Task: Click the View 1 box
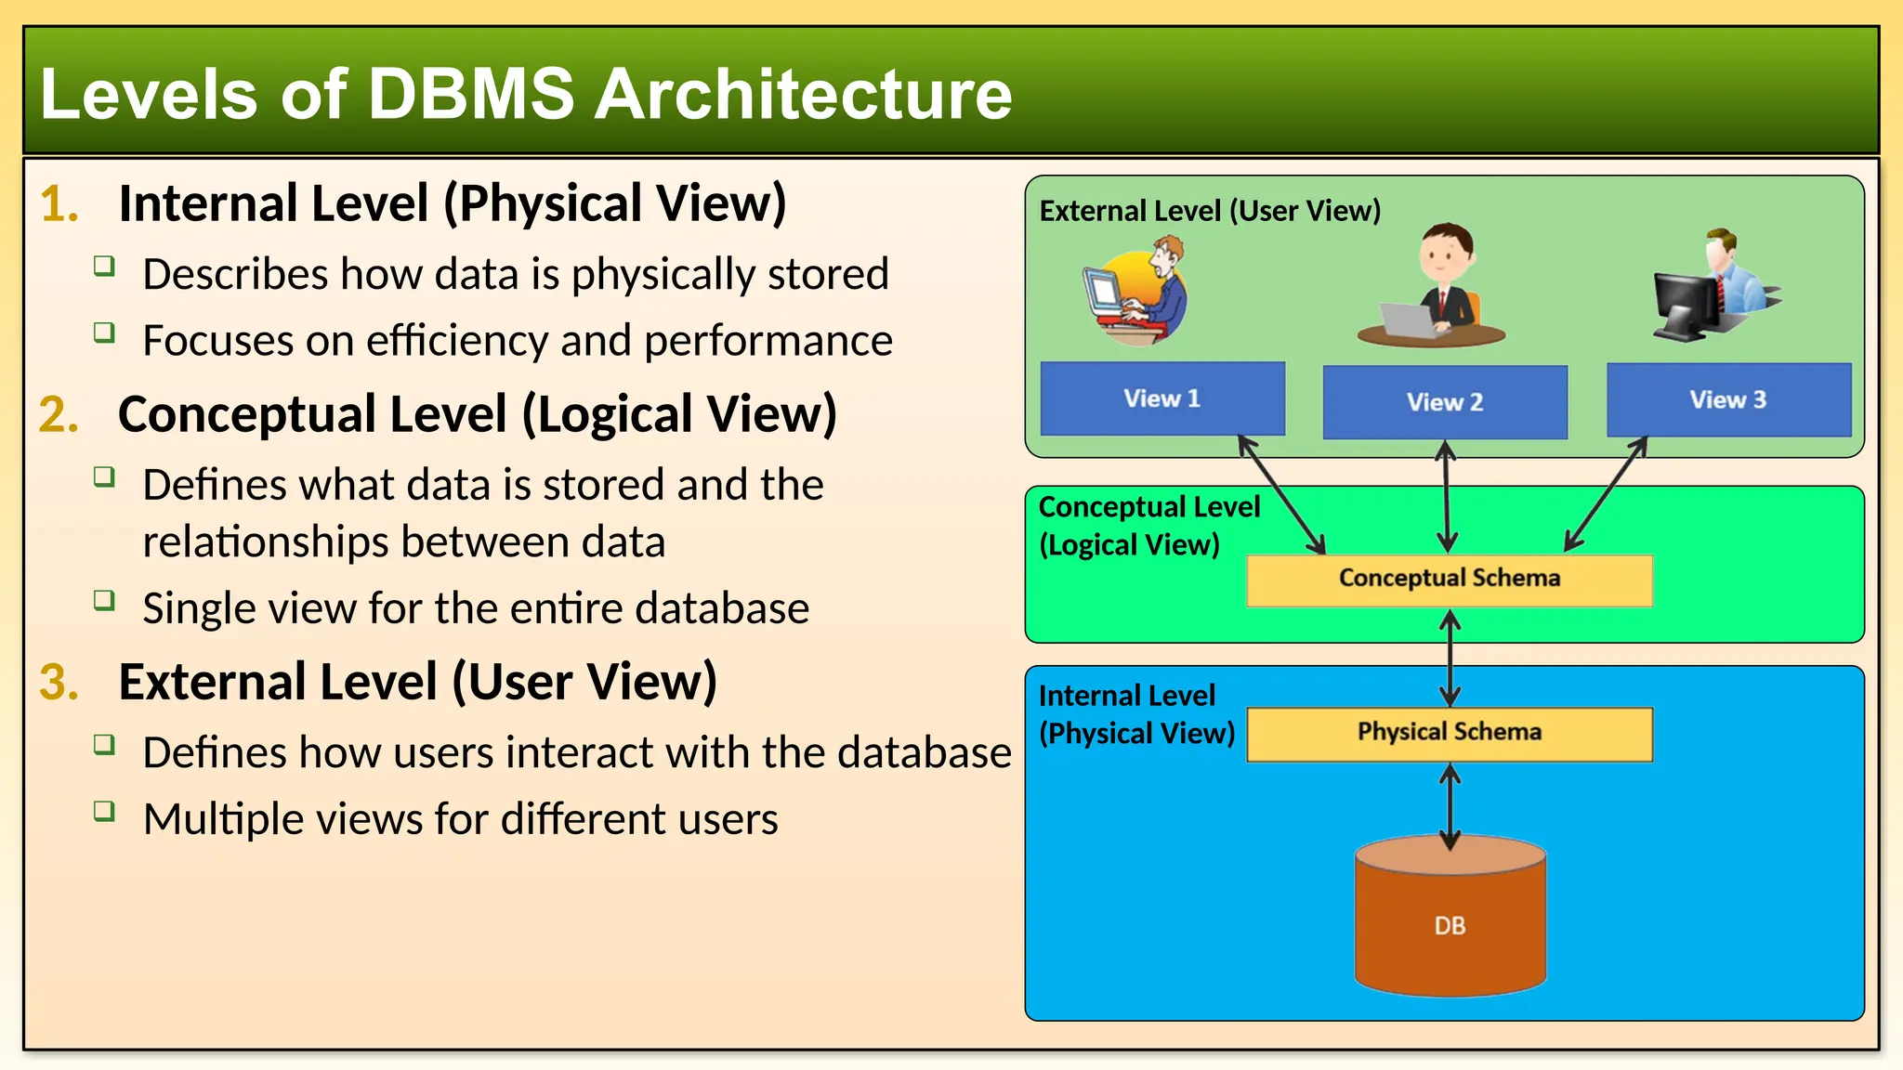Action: tap(1161, 398)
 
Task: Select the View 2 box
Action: tap(1444, 402)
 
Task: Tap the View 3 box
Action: tap(1728, 399)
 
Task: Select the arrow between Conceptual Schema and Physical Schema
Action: tap(1450, 658)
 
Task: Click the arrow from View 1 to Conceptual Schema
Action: tap(1282, 495)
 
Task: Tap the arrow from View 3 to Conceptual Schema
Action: tap(1606, 495)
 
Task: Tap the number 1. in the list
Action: tap(59, 203)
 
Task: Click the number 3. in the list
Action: tap(59, 682)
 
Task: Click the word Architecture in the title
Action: tap(803, 95)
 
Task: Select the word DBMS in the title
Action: tap(471, 95)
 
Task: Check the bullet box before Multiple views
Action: tap(104, 812)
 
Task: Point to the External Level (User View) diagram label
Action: tap(1209, 211)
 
